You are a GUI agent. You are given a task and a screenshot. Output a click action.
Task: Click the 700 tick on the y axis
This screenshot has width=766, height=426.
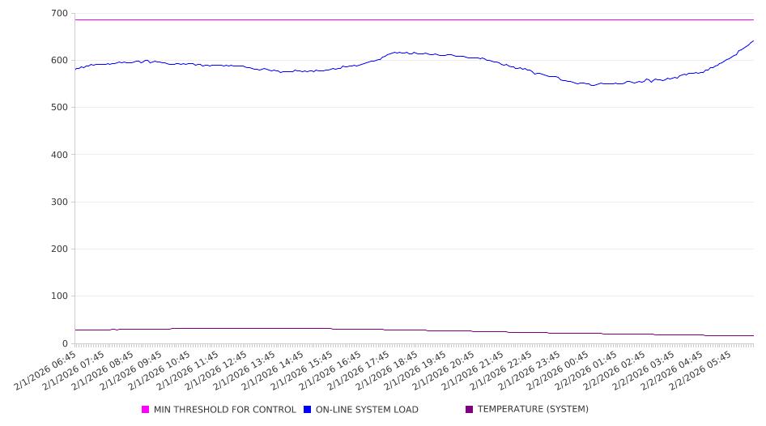(59, 14)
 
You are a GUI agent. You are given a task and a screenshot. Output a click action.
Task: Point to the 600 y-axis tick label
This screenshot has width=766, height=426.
(59, 61)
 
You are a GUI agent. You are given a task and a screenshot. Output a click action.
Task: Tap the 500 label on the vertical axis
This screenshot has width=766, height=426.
(59, 108)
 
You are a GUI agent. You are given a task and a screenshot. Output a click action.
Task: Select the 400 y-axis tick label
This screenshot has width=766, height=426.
(59, 155)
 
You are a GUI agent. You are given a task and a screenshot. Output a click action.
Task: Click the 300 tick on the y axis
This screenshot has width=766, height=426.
(59, 202)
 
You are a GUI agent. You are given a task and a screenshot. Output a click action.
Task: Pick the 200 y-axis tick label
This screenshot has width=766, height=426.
(59, 249)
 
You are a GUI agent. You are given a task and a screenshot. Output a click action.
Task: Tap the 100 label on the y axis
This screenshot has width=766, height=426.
(59, 296)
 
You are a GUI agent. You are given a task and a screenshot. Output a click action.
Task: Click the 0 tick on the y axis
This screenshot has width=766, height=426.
(65, 343)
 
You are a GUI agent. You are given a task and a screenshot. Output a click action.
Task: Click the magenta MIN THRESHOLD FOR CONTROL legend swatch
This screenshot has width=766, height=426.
(146, 410)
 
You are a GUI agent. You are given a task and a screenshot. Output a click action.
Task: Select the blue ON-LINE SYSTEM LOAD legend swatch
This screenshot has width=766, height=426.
(308, 410)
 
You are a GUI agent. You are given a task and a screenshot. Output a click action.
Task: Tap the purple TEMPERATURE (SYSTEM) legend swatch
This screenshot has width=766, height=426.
(470, 410)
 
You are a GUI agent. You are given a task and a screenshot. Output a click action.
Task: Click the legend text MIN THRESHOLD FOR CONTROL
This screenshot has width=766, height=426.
(224, 410)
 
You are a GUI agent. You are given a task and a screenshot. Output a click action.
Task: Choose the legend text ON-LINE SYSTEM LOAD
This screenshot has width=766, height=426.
(367, 410)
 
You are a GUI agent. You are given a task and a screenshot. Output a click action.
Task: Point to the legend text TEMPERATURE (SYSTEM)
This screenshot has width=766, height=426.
(533, 410)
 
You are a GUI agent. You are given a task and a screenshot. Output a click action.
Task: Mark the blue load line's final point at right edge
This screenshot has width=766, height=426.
(753, 41)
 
